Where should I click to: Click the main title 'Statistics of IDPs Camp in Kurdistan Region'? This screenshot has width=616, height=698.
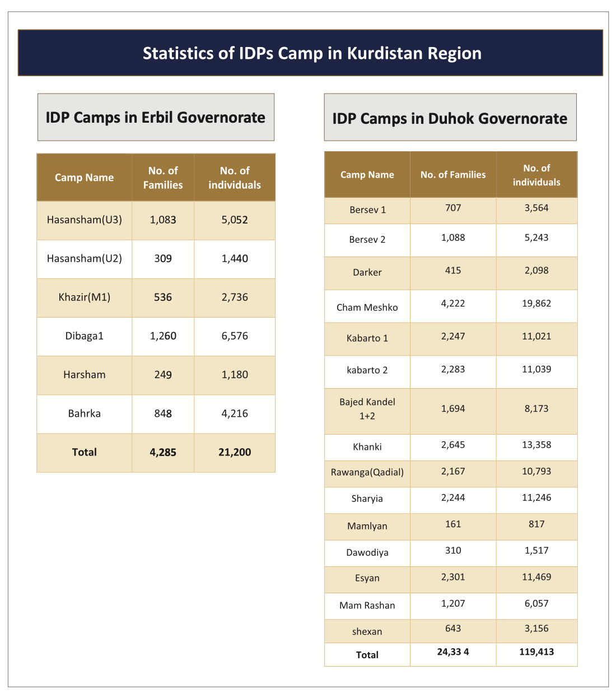coord(312,53)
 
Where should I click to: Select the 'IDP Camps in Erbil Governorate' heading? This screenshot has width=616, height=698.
coord(155,118)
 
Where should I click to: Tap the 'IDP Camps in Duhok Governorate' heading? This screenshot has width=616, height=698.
coord(450,119)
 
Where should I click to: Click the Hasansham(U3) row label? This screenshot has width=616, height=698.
coord(85,220)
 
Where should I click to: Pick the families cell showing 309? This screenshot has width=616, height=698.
coord(163,258)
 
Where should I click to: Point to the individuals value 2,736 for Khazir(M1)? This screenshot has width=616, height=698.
coord(235,297)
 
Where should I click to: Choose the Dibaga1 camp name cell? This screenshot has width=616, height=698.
coord(85,336)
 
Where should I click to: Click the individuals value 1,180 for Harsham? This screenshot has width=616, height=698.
coord(235,375)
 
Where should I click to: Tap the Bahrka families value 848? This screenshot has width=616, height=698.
coord(163,413)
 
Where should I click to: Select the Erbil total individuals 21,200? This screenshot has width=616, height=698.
coord(235,452)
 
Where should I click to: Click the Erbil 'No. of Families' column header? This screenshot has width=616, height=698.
coord(163,178)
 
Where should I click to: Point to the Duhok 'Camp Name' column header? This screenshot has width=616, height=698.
coord(367,175)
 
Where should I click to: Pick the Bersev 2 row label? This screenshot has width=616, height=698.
coord(367,240)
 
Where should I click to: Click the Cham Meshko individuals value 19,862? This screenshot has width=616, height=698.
coord(536,304)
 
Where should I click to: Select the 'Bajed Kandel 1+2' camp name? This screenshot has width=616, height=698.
coord(367,409)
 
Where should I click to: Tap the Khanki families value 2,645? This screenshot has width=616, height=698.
coord(453,445)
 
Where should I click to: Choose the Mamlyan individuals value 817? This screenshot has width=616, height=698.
coord(536,524)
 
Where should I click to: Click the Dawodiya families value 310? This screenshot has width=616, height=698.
coord(453,550)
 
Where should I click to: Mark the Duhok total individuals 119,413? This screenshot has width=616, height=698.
coord(536,652)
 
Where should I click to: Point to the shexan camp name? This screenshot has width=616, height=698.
coord(367,631)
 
